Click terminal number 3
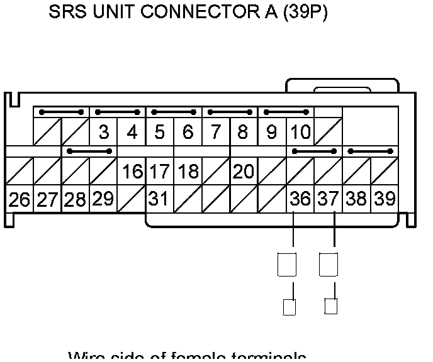[x=104, y=133]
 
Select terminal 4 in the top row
[x=132, y=133]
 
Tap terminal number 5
[x=160, y=133]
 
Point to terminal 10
[x=300, y=133]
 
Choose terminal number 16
[x=132, y=172]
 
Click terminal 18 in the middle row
[x=188, y=172]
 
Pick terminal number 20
[x=244, y=172]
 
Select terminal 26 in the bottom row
[x=20, y=200]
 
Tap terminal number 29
[x=103, y=199]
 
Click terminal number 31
[x=159, y=200]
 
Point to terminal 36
[x=300, y=200]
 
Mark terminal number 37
[x=328, y=200]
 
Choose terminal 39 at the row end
[x=384, y=200]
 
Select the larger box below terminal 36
[x=286, y=263]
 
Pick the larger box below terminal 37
[x=329, y=263]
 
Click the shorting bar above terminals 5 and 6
[x=174, y=112]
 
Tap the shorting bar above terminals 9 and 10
[x=286, y=112]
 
